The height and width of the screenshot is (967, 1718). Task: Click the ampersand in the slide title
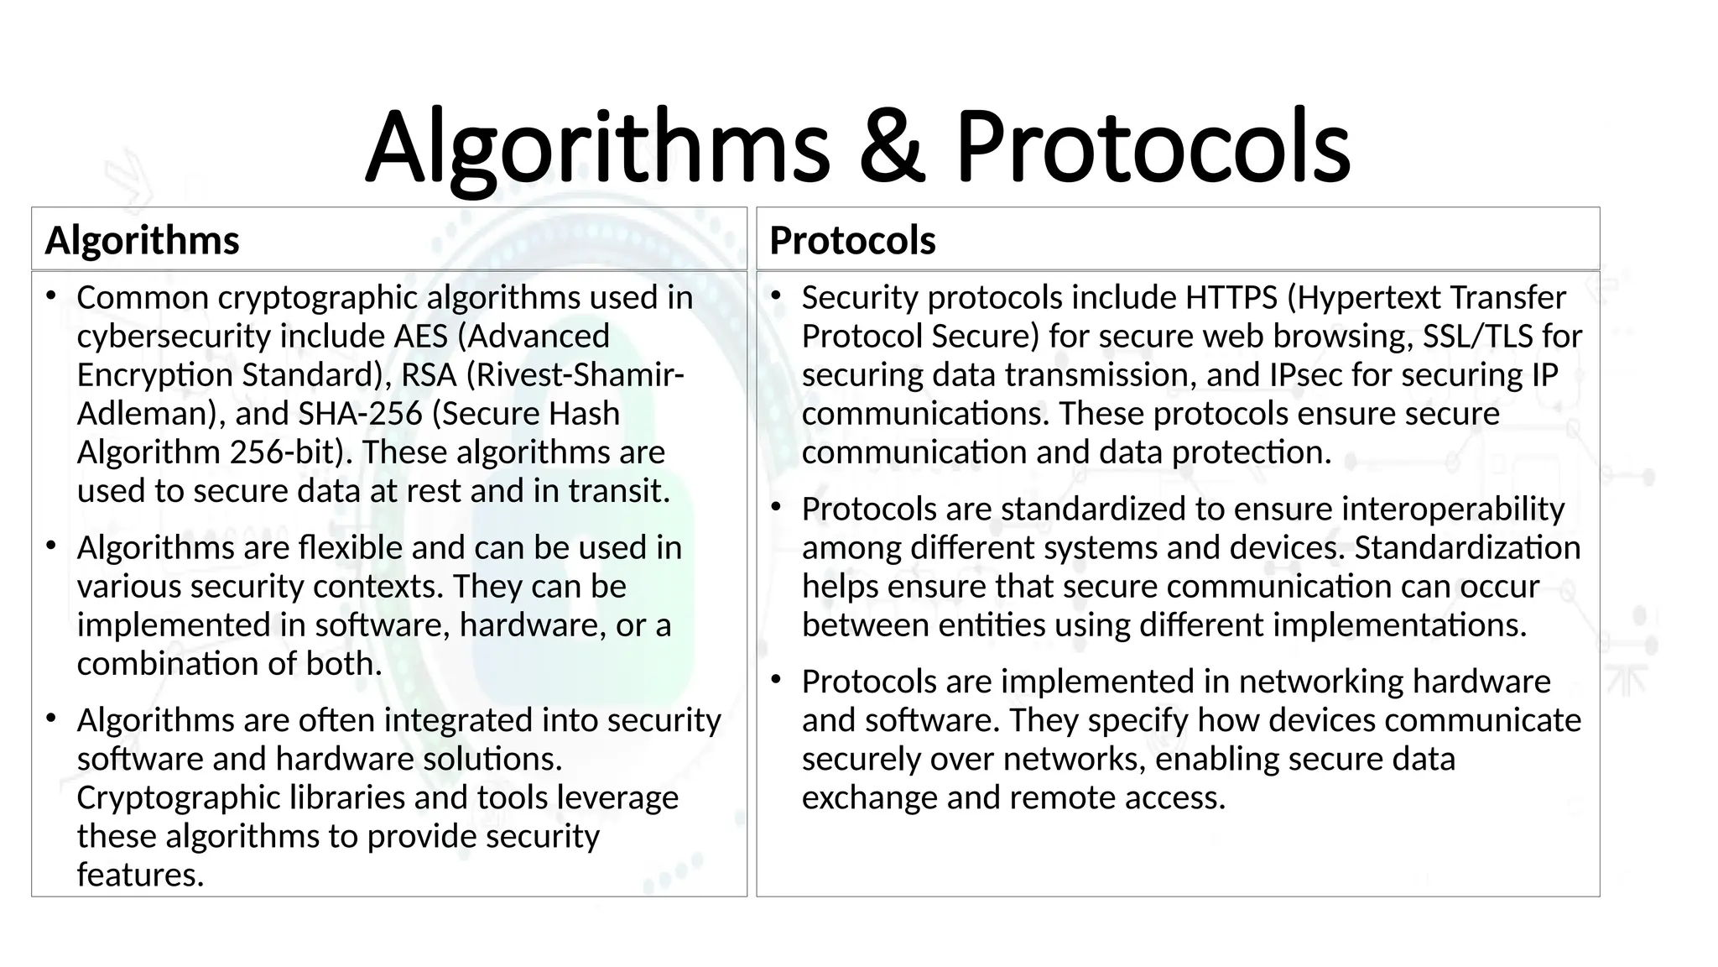coord(893,147)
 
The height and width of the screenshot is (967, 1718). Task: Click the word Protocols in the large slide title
coord(1152,147)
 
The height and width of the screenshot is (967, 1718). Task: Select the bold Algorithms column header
coord(142,241)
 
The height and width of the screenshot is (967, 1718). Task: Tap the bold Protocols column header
coord(852,241)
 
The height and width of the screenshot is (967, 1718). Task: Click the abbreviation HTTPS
coord(1231,298)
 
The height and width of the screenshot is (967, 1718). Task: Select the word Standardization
coord(1467,548)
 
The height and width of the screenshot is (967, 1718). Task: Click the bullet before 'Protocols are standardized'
coord(776,507)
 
